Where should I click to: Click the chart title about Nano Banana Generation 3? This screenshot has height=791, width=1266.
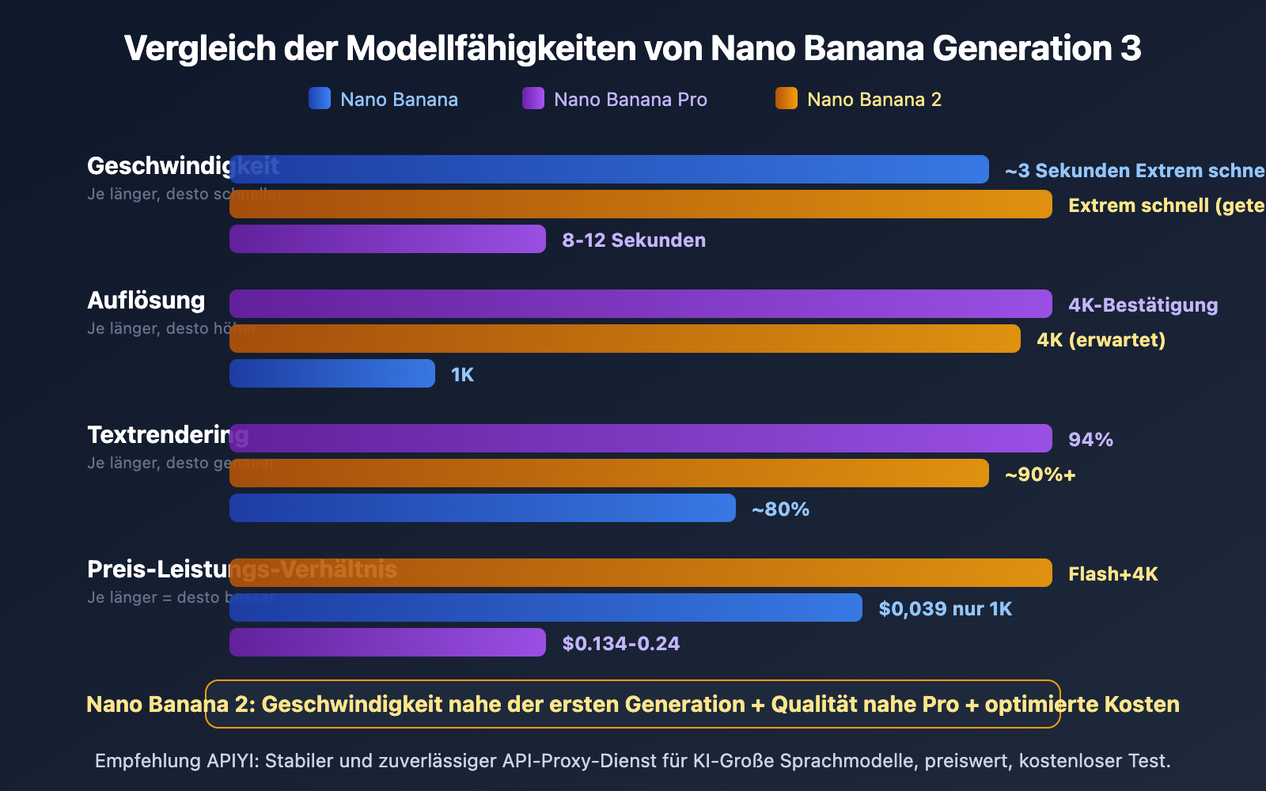click(632, 48)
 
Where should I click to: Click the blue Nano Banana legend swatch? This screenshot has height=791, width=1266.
click(320, 98)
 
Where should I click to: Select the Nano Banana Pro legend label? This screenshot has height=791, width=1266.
click(630, 100)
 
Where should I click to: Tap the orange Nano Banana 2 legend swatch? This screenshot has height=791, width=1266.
click(787, 98)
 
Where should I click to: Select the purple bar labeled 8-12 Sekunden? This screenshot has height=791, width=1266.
click(388, 239)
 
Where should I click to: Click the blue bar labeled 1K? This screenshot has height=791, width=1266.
click(332, 373)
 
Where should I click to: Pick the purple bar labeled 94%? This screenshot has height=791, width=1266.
click(641, 438)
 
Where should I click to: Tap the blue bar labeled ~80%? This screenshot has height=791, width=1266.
click(483, 508)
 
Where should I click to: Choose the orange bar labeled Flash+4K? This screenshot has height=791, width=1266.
click(641, 573)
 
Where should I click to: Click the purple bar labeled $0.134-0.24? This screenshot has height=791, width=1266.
click(388, 642)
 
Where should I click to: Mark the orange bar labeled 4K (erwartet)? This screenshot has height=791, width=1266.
click(625, 339)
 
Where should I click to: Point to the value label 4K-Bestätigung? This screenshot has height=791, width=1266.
click(1143, 305)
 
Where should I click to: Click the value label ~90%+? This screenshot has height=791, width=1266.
click(1040, 475)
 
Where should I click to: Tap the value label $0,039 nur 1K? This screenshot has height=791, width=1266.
click(945, 609)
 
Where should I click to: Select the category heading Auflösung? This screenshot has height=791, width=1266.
click(146, 301)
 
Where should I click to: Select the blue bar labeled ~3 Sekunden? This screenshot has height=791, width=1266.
click(609, 169)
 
